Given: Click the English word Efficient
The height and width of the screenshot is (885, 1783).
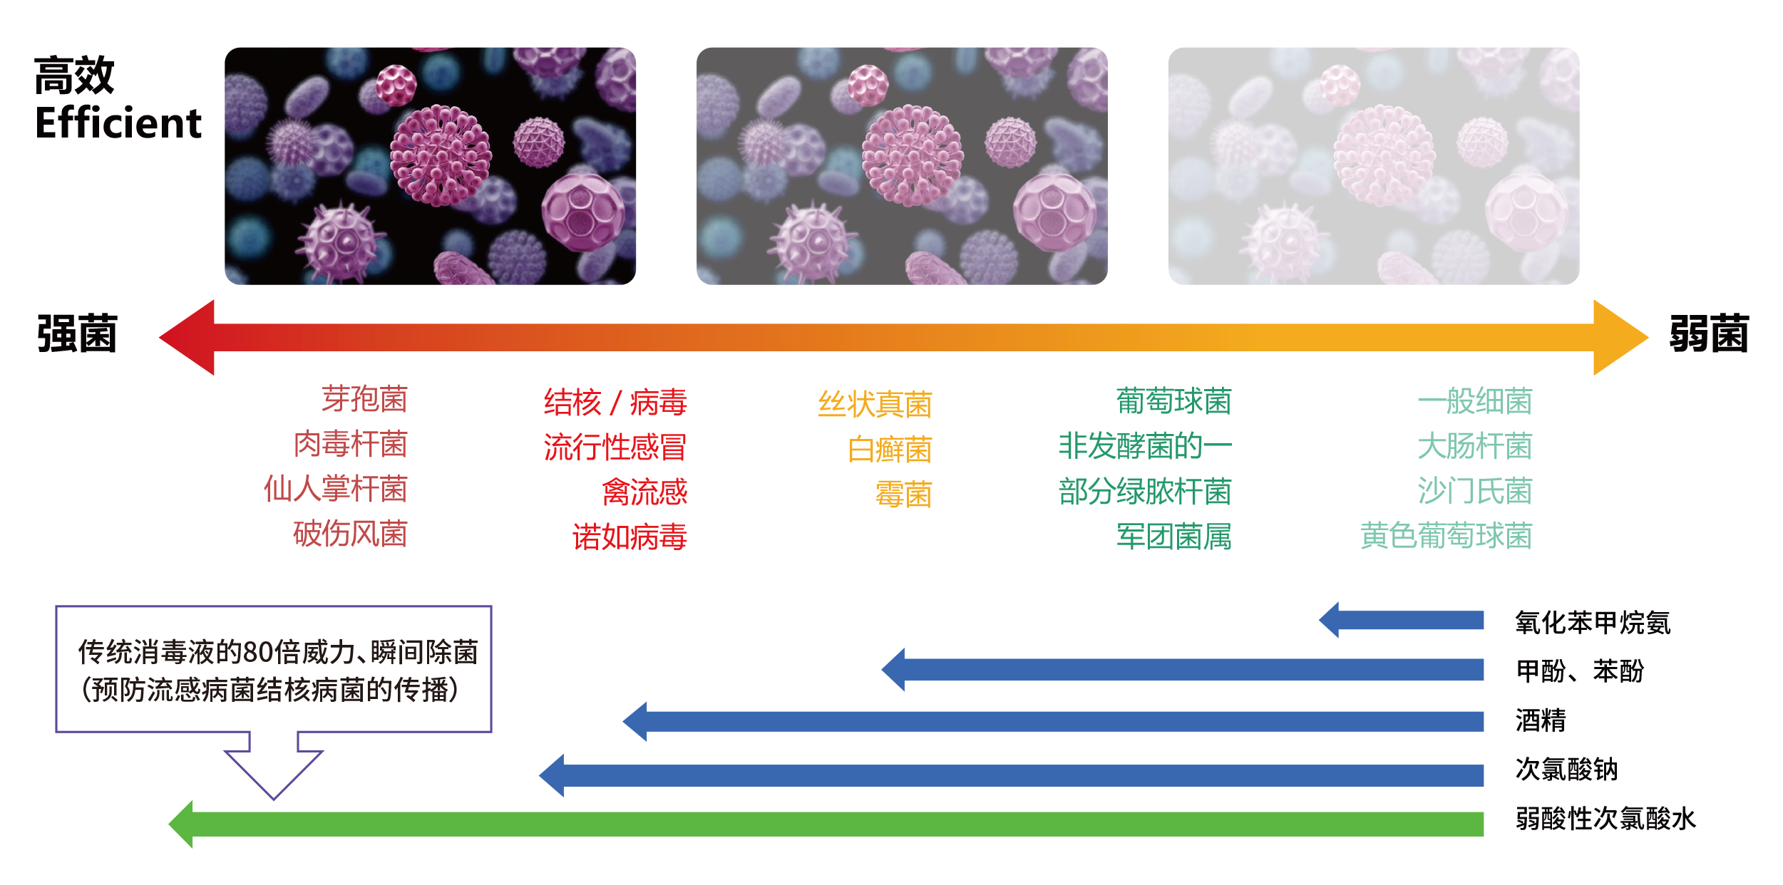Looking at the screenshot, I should coord(118,123).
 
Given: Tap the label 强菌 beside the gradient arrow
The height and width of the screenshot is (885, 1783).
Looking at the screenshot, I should coord(77,333).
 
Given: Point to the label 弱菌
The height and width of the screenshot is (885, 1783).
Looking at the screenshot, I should coord(1708,333).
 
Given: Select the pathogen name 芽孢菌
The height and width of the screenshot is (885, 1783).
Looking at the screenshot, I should coord(364,399).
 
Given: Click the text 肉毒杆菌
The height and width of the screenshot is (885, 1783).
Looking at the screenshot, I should coord(350,444).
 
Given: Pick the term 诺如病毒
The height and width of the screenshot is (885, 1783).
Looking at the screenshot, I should coord(630,537).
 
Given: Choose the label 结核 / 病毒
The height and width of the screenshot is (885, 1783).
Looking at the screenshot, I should coord(615,403).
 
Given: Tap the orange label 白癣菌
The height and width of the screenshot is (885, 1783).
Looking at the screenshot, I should coord(890,450).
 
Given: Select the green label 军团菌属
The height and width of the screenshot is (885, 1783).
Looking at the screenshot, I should coord(1173,537).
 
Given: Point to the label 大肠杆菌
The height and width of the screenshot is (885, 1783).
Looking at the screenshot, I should coord(1474,446).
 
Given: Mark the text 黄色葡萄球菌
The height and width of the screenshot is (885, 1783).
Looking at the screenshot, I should coord(1446,536).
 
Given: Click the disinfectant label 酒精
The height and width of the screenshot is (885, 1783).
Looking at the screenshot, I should coord(1541,720).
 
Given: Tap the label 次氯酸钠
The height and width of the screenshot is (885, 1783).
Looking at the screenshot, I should coord(1566,770).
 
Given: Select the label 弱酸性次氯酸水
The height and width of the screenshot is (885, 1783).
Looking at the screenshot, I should coord(1605,819).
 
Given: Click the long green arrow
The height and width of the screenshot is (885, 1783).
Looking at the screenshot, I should coord(827,824).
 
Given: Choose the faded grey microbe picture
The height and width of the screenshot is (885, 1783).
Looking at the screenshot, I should coord(1373,166).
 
